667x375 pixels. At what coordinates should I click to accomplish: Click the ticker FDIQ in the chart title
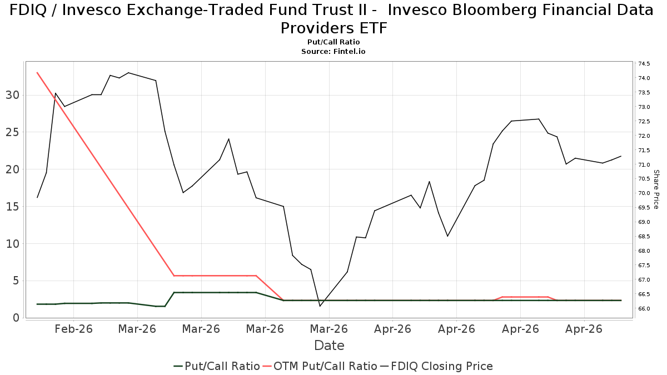click(28, 10)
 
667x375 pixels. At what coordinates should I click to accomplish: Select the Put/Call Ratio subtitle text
click(333, 42)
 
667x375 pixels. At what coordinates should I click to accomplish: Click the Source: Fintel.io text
click(333, 52)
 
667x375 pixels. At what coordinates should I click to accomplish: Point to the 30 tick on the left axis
click(12, 95)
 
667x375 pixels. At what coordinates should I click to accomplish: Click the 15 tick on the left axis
click(12, 207)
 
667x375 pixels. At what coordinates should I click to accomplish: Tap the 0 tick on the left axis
click(16, 318)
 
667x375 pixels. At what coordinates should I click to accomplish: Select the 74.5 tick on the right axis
click(644, 64)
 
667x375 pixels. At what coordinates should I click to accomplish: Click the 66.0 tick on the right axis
click(644, 309)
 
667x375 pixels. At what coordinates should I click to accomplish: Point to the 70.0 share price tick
click(644, 193)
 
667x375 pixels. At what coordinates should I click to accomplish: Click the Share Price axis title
click(656, 189)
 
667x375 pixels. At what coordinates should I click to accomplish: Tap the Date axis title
click(329, 346)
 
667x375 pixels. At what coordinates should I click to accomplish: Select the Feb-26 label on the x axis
click(73, 329)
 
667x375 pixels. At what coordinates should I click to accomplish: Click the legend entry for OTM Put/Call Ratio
click(320, 366)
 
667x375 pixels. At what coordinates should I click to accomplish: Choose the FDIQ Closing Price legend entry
click(437, 366)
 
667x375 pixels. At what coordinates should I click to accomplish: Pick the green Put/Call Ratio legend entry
click(217, 366)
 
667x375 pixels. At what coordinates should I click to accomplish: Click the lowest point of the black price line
click(320, 306)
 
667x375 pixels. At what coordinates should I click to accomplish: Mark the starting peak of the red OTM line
click(37, 73)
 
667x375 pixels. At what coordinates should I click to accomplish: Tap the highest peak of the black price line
click(128, 73)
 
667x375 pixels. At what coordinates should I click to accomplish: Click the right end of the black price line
click(621, 156)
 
